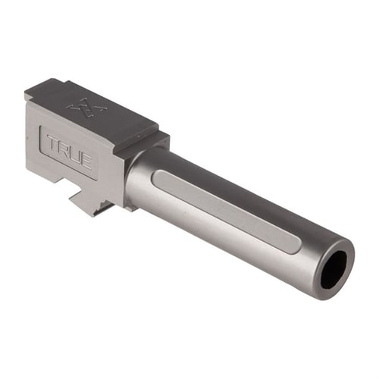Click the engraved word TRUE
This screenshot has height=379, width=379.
69,152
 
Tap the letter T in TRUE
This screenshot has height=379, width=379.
51,143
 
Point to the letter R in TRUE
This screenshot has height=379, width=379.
62,149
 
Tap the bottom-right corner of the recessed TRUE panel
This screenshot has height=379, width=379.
96,176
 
